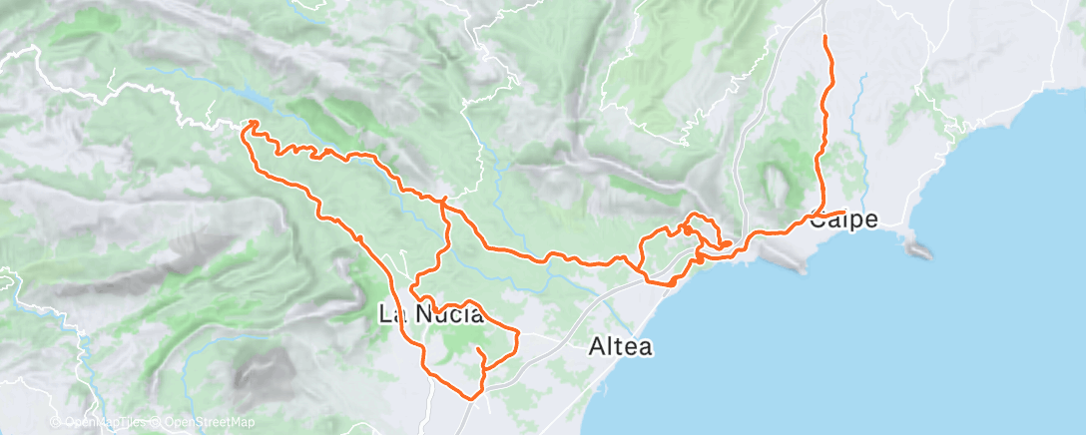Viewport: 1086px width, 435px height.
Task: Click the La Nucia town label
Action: (431, 315)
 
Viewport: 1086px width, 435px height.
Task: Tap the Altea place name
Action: (620, 347)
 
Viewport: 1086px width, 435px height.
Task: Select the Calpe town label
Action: (843, 219)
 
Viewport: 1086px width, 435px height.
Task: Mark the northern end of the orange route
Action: (824, 37)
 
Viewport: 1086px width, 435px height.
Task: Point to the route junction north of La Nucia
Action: (443, 202)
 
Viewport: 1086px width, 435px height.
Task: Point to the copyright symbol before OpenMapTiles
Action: (56, 423)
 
